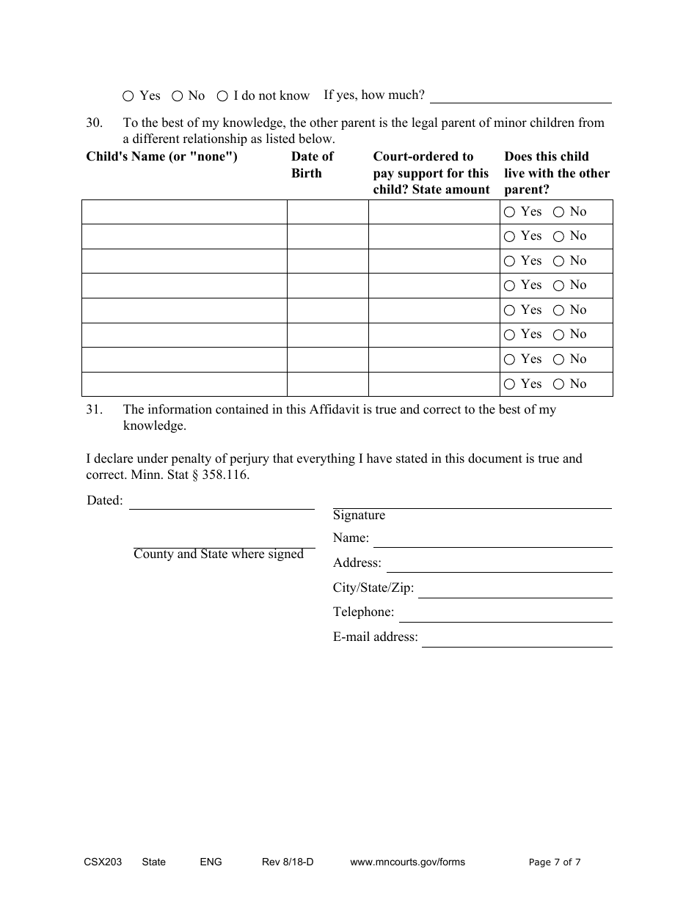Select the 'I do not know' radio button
pos(222,96)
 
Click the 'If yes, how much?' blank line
pos(521,95)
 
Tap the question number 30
pos(94,122)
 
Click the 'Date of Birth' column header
pos(312,164)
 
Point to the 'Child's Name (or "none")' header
pos(161,156)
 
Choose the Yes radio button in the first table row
pos(510,212)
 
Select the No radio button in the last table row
pos(558,384)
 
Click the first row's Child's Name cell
pos(183,212)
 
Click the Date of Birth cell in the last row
pos(327,384)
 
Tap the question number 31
pos(94,409)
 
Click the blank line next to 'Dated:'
pos(222,502)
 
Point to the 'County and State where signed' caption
pos(219,554)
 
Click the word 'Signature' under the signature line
pos(359,516)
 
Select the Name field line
pos(492,539)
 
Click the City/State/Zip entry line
pos(514,590)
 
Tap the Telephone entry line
pos(505,614)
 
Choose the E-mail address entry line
pos(517,639)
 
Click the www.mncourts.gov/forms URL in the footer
pos(407,862)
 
